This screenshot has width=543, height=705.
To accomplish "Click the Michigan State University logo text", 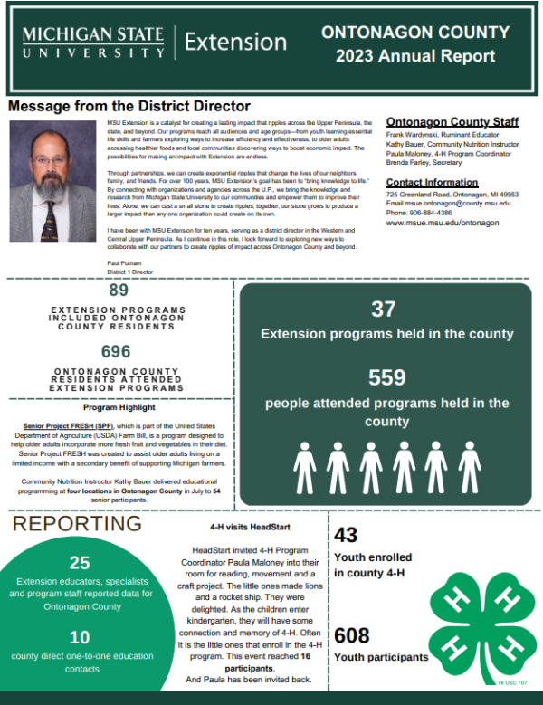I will click(93, 43).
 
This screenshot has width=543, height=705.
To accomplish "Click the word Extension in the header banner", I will click(235, 42).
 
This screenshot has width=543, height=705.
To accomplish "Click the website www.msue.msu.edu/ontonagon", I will click(443, 222).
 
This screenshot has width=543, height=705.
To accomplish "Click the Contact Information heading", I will click(433, 182).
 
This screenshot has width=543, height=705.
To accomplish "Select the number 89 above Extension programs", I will click(119, 291).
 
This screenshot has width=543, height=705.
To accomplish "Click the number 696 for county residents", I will click(116, 350).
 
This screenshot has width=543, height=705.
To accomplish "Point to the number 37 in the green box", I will click(384, 309).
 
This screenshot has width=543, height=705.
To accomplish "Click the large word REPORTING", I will click(77, 524).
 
